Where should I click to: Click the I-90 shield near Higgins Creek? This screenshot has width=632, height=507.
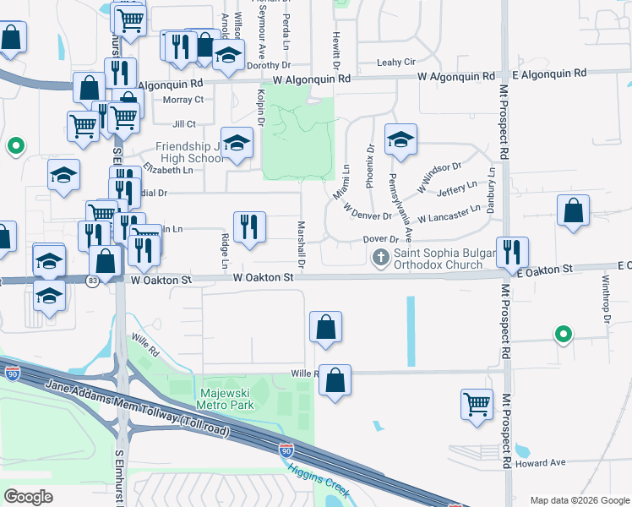click(x=286, y=450)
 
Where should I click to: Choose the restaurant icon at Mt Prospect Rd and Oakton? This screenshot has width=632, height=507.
click(x=512, y=252)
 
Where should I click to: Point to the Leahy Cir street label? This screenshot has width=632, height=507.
click(x=396, y=63)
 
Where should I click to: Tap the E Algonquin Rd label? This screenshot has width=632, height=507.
click(x=549, y=75)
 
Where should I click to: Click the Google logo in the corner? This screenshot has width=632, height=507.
click(x=28, y=497)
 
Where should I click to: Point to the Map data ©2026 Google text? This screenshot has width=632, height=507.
click(x=579, y=500)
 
